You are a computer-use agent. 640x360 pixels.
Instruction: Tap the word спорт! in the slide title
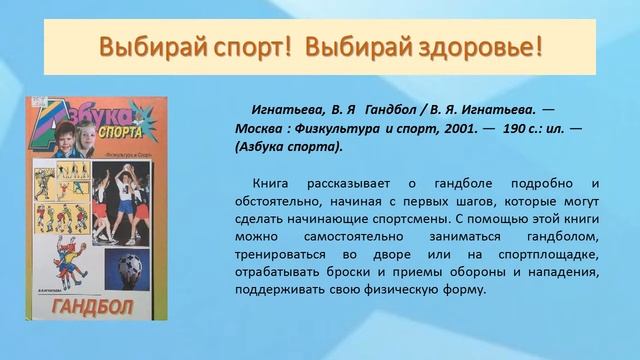238,46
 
